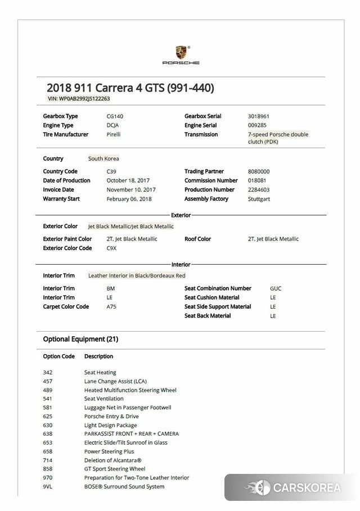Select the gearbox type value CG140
115,116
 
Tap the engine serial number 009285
257,125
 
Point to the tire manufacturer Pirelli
114,134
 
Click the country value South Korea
103,159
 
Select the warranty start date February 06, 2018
129,198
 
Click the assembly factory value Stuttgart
259,198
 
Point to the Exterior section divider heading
181,215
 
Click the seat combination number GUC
276,288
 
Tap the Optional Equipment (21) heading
80,339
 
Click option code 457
47,381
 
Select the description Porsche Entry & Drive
111,417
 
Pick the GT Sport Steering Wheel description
115,469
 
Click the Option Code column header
59,356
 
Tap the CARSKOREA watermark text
307,487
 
